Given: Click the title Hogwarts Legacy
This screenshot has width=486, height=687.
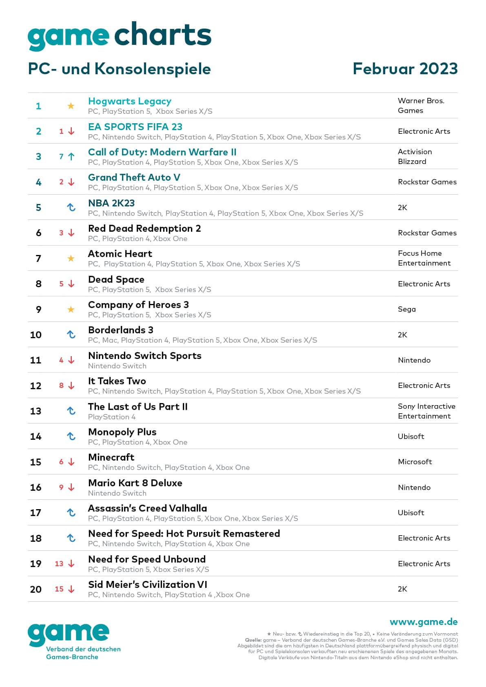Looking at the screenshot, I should point(129,101).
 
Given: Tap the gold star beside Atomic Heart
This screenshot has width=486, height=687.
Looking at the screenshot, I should point(71,258).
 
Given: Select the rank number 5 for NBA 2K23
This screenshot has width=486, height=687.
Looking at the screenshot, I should point(38,208).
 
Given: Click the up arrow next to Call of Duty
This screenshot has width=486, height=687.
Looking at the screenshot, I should point(71,157).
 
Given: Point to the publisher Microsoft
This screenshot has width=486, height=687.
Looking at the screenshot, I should point(415,462).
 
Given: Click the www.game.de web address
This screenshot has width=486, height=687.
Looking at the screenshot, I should point(423,622).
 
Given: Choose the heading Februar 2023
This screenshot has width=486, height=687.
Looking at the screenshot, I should point(405,69).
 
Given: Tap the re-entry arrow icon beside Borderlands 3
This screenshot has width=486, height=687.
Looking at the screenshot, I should point(71,335).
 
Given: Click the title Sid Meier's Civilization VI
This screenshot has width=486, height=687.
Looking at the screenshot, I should point(147,585).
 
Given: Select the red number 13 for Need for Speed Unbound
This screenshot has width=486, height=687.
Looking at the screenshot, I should point(59,564).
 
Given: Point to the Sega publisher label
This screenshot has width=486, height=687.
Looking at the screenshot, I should point(406,309).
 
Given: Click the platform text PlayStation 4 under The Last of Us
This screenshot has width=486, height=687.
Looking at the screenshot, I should point(111,417).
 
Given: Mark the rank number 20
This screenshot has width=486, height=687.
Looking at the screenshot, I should point(36,589).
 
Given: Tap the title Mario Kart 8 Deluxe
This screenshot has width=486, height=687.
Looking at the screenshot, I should point(135,483).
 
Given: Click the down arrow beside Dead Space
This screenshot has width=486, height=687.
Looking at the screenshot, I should point(71,284).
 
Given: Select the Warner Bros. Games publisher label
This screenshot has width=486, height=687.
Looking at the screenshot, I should point(421,106).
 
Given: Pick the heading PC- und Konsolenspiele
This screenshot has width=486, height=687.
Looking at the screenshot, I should point(119,69).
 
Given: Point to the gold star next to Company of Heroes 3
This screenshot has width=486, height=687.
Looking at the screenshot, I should point(71,309).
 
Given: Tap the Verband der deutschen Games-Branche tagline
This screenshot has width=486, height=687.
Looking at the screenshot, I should point(83,653).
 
